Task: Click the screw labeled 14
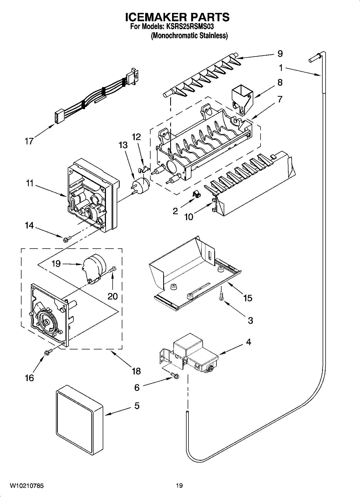67,238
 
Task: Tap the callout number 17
29,141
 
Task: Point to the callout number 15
248,298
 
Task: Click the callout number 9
280,53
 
